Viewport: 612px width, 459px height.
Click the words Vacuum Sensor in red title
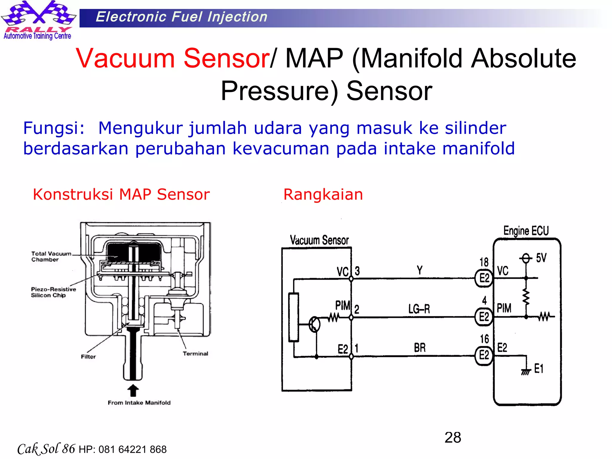(x=173, y=58)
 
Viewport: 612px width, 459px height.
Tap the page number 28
(x=453, y=437)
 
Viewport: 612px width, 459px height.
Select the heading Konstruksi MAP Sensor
(x=121, y=195)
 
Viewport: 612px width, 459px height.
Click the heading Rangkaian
(x=323, y=195)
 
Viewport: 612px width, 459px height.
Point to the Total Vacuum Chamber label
(x=51, y=256)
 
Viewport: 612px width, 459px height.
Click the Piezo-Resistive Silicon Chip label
(x=53, y=292)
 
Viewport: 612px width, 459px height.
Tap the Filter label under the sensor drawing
(x=88, y=357)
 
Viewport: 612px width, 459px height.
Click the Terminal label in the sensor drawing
(x=195, y=354)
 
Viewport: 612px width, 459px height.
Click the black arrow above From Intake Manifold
(x=133, y=391)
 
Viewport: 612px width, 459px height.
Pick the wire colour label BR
(x=420, y=348)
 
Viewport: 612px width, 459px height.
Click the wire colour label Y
(x=420, y=270)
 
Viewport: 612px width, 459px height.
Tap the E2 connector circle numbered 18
(x=484, y=278)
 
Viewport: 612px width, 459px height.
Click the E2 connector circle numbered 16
(x=484, y=355)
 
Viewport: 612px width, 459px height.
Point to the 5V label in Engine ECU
(x=541, y=258)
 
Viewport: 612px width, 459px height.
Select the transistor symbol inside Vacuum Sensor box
(x=314, y=324)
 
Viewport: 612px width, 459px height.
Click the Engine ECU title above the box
(x=526, y=231)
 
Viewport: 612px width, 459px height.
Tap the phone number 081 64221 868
(x=132, y=449)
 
